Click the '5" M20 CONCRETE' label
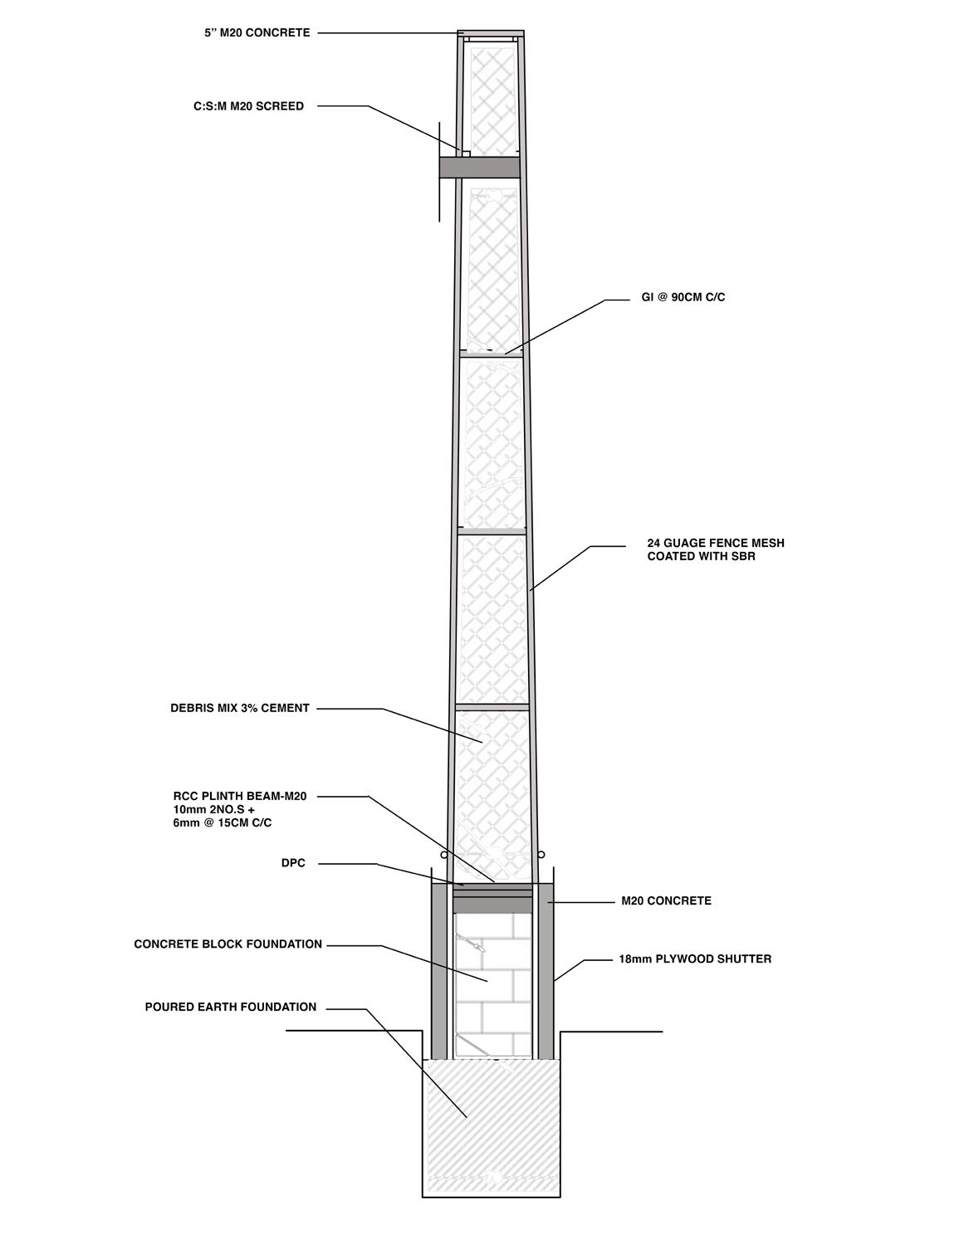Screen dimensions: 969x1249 [257, 33]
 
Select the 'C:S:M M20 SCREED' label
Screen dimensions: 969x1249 [243, 106]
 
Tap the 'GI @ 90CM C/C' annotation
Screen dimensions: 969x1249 [683, 297]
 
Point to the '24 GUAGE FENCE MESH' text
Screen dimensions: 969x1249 [716, 544]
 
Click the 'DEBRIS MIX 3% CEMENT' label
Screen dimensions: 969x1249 [240, 709]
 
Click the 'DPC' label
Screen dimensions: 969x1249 [293, 864]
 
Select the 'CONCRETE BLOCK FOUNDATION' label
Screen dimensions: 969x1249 [228, 944]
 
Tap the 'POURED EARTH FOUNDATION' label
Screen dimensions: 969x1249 [231, 1007]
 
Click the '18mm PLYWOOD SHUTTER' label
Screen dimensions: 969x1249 [695, 959]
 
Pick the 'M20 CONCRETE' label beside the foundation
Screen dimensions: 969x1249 [666, 901]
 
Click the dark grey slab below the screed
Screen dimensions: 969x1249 [479, 167]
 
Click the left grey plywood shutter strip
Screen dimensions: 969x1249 [439, 971]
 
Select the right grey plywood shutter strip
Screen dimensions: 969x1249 [546, 971]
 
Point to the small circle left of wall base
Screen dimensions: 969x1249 [445, 854]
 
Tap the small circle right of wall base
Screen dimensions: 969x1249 [541, 854]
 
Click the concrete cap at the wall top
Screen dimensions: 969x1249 [491, 34]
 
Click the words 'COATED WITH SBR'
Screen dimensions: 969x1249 [701, 557]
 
